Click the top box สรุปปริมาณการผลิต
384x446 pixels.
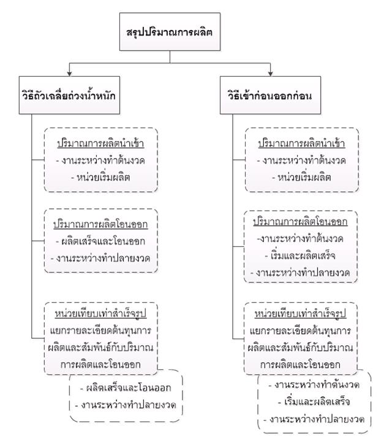pos(170,32)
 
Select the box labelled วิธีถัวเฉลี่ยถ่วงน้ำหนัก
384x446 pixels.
pos(69,95)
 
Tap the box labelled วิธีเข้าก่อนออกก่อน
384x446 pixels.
pos(270,95)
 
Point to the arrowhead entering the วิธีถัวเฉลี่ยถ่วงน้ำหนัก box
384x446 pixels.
pos(69,74)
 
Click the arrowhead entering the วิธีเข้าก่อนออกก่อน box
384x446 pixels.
pos(270,74)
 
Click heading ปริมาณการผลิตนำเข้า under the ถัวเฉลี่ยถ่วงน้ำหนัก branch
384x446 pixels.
pos(100,143)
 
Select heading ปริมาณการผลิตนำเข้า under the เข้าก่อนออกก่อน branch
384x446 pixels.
pos(301,143)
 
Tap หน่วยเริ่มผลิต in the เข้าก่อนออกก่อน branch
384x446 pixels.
pos(301,178)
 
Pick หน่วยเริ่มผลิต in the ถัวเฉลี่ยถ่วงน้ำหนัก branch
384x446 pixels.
pos(100,178)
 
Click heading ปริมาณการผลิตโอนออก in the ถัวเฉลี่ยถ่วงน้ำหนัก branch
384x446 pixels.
pos(100,224)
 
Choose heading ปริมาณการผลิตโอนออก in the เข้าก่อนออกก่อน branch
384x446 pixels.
pos(300,222)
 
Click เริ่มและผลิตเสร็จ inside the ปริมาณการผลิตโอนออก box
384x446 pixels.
pos(300,255)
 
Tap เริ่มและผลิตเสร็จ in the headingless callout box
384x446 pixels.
pos(314,402)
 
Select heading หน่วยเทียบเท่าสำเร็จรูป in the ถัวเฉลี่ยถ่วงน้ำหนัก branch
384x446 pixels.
pos(100,314)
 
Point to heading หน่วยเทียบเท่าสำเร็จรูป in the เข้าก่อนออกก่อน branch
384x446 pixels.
pos(300,314)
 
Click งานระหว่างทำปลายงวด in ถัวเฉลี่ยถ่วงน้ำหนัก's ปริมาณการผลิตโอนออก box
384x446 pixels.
pos(100,259)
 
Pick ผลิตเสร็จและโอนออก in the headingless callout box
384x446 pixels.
pos(126,388)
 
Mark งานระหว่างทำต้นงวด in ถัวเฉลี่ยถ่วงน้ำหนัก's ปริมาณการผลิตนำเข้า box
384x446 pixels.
pos(100,161)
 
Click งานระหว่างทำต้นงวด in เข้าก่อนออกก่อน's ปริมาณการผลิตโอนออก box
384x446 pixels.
pos(300,238)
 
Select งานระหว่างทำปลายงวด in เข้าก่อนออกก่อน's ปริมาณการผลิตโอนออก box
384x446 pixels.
pos(300,273)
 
